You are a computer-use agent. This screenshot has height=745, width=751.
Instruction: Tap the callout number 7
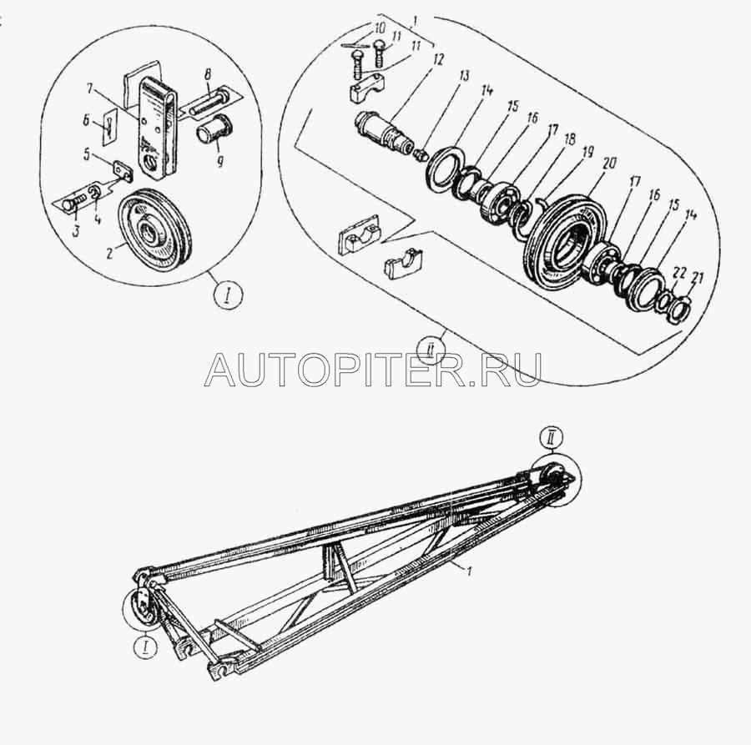90,88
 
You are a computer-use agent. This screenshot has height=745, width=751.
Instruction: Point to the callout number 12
437,59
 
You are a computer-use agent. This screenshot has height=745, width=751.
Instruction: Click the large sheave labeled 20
566,241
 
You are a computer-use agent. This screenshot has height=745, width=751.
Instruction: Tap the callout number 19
587,153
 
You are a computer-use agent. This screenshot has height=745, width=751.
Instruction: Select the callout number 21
698,278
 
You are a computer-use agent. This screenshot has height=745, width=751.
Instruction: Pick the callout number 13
463,76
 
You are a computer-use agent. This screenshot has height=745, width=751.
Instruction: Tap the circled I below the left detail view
228,297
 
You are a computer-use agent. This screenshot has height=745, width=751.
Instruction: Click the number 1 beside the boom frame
470,571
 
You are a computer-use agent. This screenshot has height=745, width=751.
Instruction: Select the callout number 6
86,122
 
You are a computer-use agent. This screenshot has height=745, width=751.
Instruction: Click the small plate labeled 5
123,171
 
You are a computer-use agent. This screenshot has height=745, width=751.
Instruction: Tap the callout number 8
207,76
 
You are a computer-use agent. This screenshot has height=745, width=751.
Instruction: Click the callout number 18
569,140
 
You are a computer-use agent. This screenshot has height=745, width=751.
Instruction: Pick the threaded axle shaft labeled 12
384,132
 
